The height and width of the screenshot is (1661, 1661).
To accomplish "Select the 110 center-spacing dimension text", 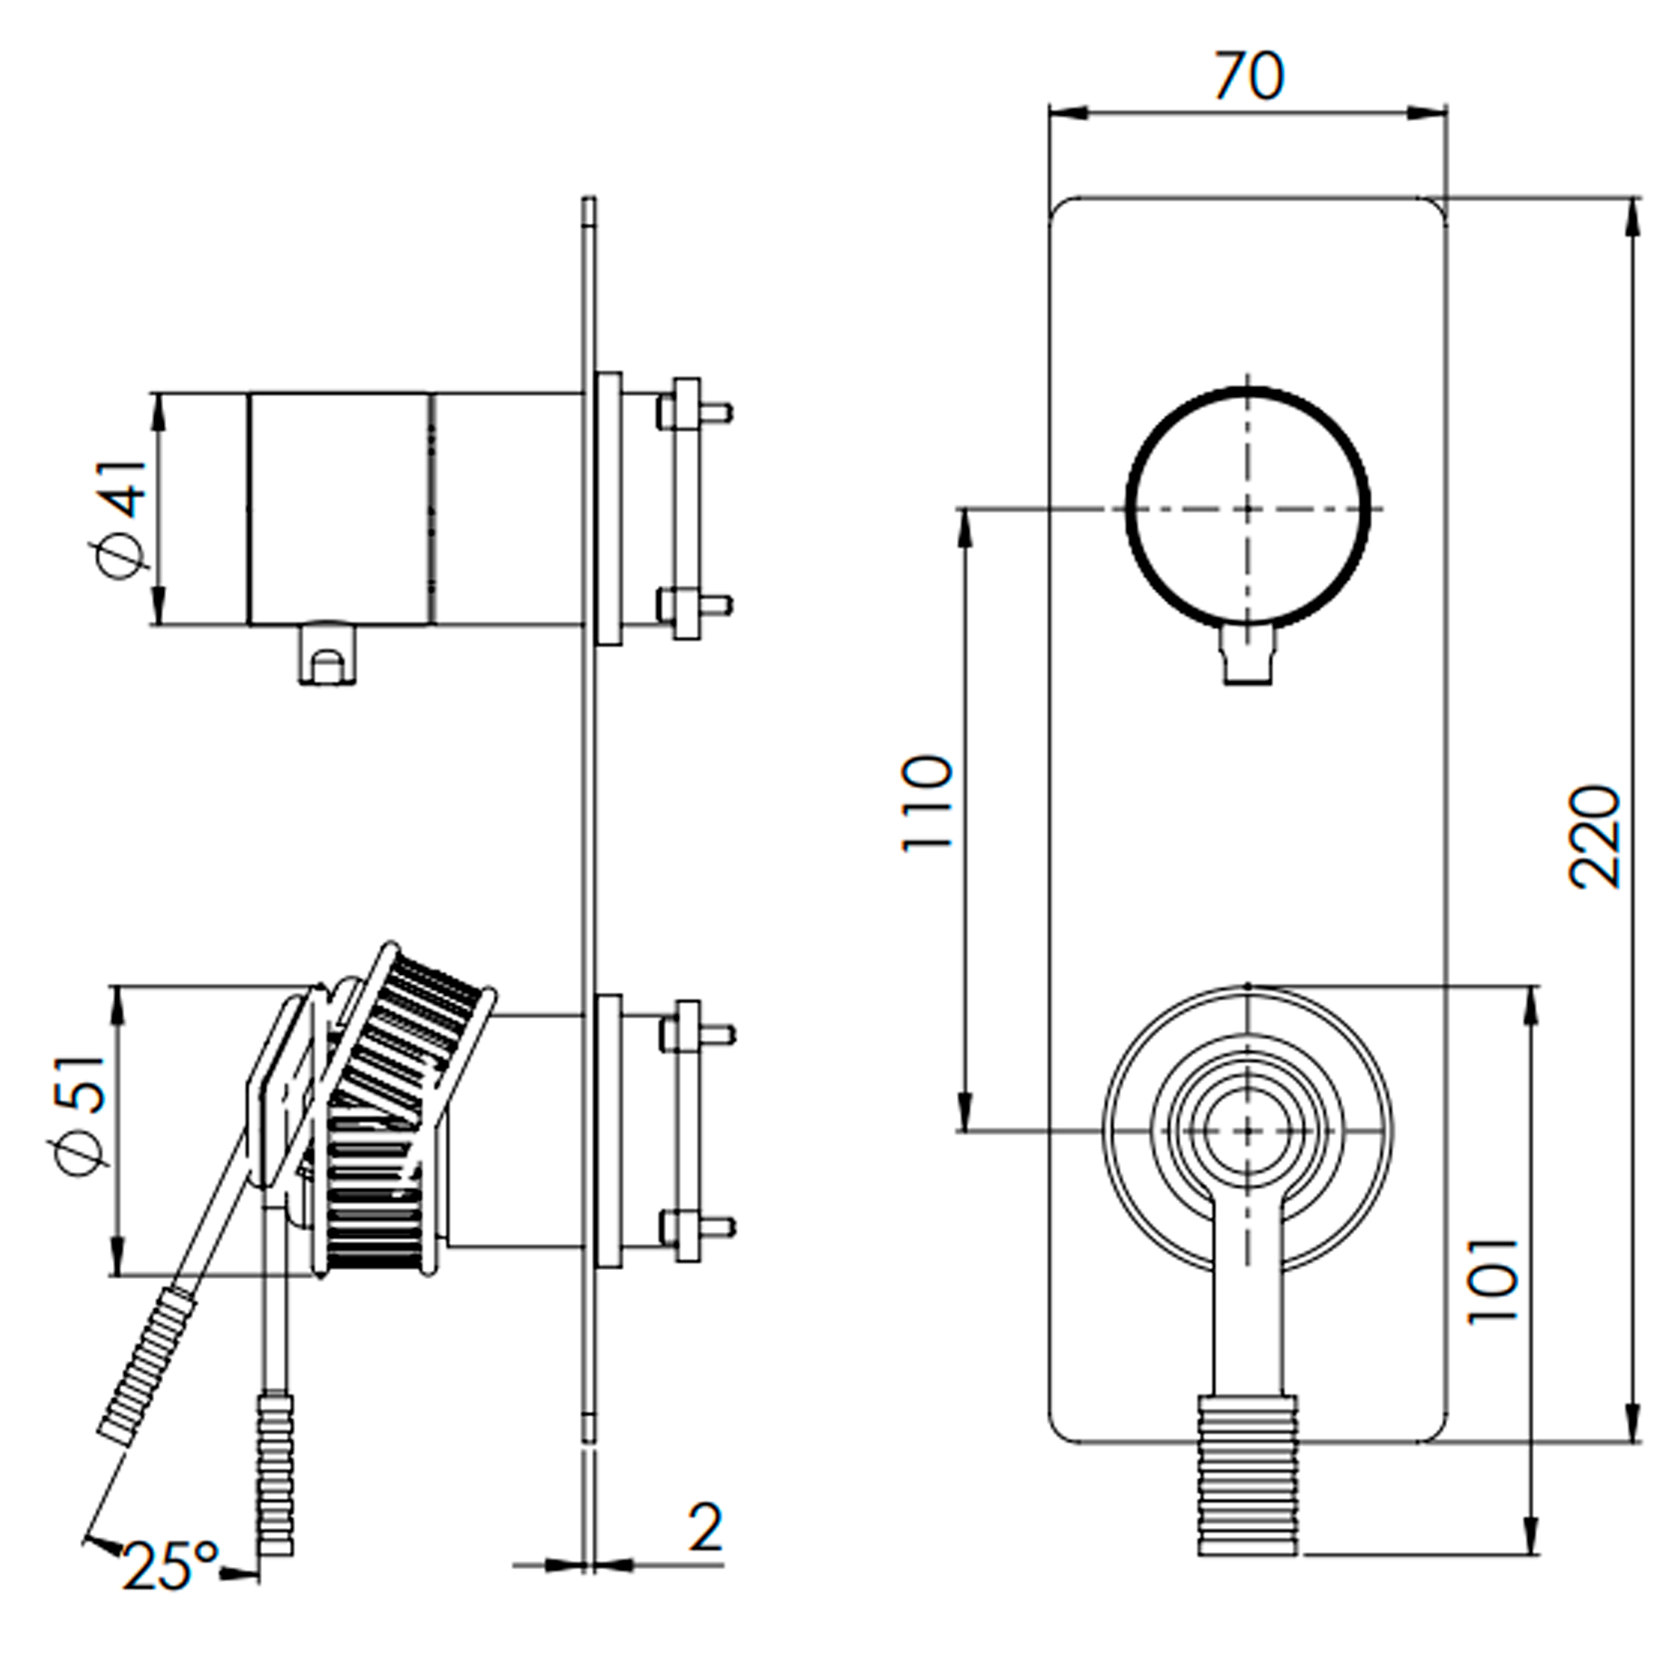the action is tap(928, 803).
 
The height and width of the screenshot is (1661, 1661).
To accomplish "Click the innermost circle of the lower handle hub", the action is tap(1247, 1131).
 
